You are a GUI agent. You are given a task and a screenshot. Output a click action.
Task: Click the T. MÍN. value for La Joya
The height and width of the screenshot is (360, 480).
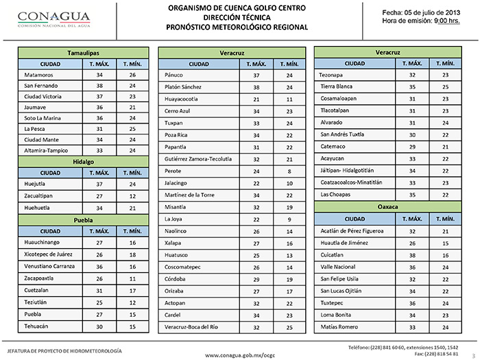(289, 219)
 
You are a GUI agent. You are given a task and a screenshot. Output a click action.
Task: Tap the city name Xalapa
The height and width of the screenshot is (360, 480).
(173, 243)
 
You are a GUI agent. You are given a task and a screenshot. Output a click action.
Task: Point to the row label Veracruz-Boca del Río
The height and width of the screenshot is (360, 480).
(192, 328)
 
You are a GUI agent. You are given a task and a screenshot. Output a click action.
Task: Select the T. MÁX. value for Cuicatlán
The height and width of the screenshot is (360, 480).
(412, 255)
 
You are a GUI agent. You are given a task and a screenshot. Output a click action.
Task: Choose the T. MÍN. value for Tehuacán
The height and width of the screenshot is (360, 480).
(132, 328)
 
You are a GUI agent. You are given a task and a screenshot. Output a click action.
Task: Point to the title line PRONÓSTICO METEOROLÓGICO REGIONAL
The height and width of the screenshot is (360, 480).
(237, 27)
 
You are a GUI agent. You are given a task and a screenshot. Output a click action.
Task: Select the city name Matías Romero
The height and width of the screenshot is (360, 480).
(339, 328)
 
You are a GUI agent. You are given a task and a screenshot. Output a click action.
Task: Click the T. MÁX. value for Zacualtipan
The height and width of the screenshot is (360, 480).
(99, 195)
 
